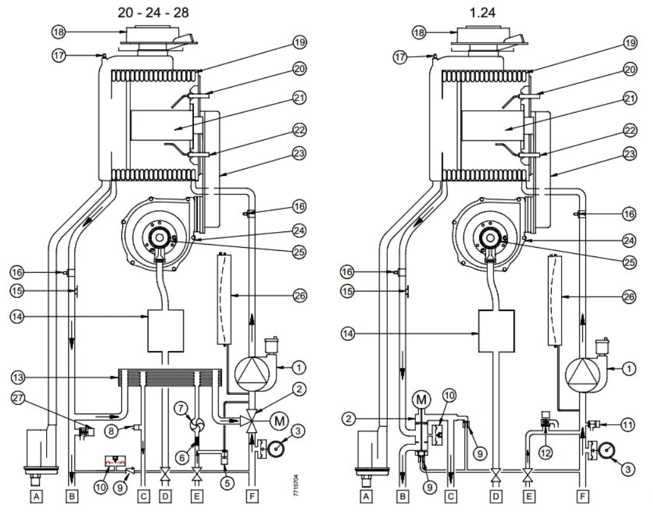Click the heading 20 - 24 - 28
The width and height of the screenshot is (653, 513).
(x=153, y=13)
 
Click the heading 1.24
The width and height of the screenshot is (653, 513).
(x=482, y=13)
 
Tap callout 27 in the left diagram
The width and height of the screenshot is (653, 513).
(x=18, y=398)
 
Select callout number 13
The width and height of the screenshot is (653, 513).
(x=18, y=378)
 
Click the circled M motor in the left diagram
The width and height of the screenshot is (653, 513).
(x=279, y=421)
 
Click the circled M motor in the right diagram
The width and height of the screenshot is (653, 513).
(x=422, y=400)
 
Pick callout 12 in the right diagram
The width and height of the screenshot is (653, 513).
(x=545, y=451)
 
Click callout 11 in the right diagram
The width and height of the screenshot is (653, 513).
(x=629, y=425)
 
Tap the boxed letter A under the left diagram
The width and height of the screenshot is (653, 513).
(x=37, y=496)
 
